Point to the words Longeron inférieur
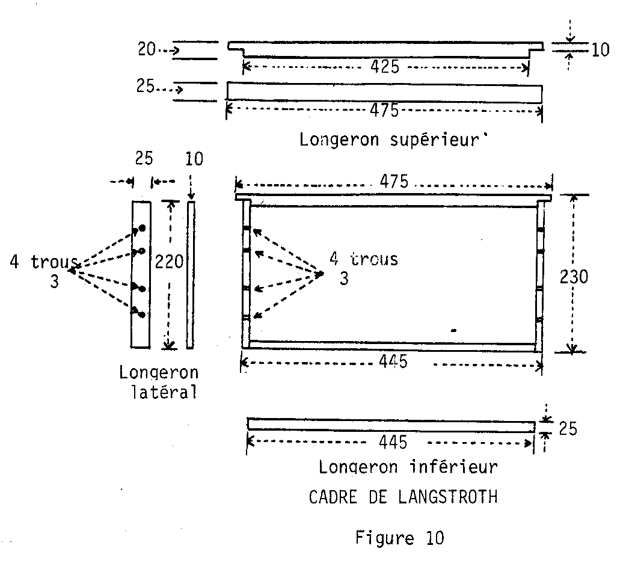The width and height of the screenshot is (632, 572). [x=408, y=467]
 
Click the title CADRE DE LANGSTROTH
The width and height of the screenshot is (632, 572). [x=403, y=498]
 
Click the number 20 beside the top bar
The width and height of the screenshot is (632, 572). [x=147, y=50]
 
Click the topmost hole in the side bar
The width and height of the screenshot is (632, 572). [x=143, y=227]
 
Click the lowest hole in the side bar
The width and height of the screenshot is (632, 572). [x=142, y=315]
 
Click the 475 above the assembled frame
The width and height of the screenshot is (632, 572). [x=392, y=181]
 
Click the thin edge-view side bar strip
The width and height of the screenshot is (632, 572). [x=191, y=274]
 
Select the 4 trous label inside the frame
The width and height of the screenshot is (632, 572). [x=363, y=259]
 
